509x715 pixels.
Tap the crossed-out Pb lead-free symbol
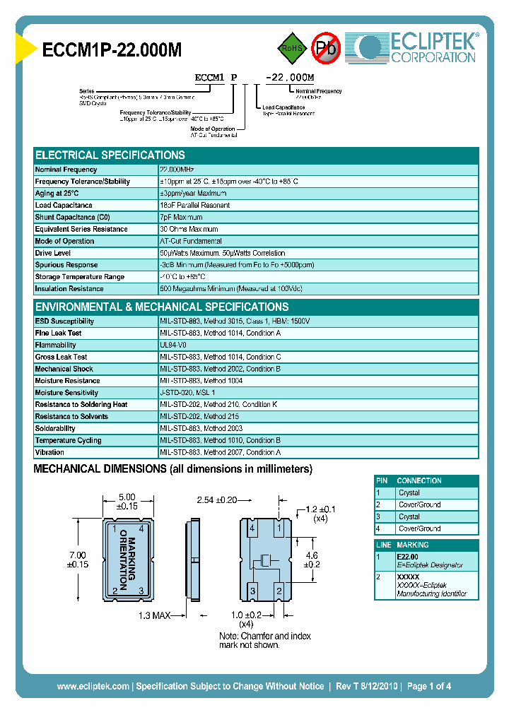coord(326,47)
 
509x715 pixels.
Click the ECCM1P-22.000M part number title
coord(112,49)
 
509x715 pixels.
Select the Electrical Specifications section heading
coord(110,155)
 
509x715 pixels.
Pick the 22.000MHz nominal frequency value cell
coord(177,170)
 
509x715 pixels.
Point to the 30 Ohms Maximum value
coord(189,230)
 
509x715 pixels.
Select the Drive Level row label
coord(53,253)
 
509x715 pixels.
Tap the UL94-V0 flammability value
coord(174,345)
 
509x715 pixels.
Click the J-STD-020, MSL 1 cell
coord(188,393)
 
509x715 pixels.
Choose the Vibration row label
coord(49,452)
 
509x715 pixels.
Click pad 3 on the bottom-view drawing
coord(252,591)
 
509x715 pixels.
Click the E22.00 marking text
coord(409,557)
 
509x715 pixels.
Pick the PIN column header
coord(382,480)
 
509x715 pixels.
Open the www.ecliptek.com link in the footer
coord(93,686)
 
